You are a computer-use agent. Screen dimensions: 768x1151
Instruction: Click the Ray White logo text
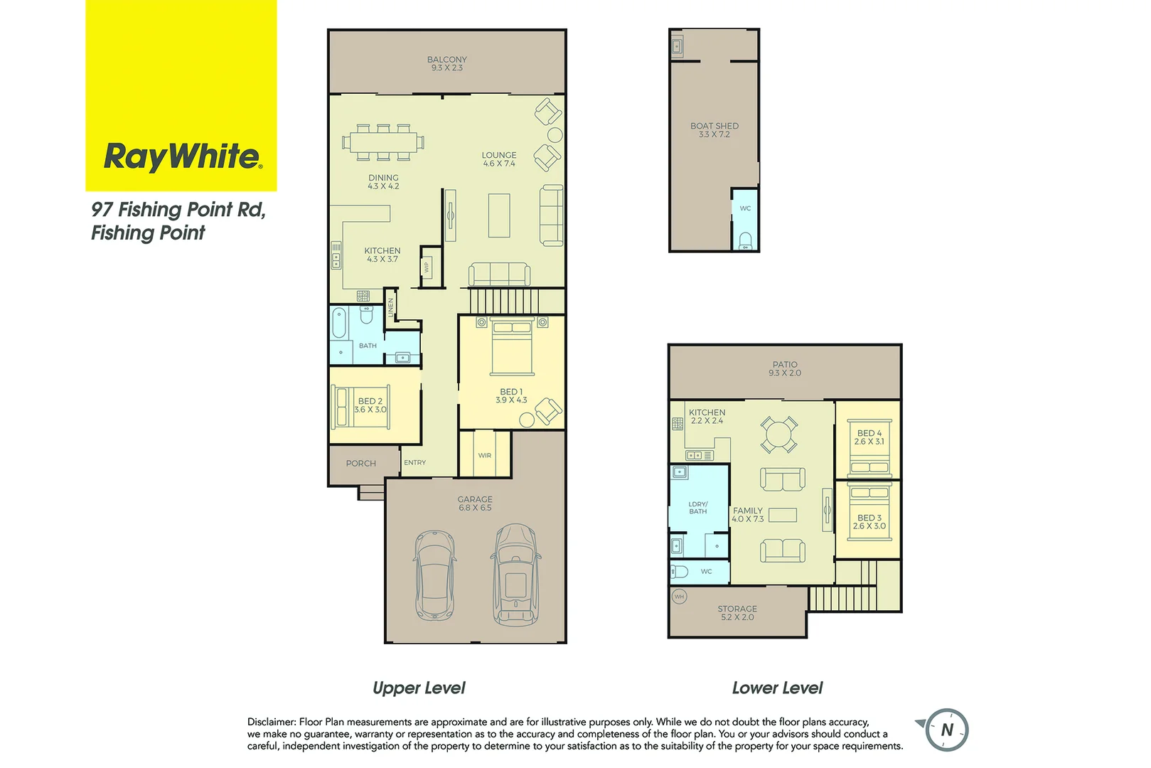183,156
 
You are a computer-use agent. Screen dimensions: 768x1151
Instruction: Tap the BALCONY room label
446,60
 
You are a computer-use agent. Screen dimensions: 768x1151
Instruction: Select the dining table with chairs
383,142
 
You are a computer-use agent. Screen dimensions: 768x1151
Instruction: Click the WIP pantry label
427,267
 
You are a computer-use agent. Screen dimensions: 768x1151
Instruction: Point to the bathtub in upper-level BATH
339,324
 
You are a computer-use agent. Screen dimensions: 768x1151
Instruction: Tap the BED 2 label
370,401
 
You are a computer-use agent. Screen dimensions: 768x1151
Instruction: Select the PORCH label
361,464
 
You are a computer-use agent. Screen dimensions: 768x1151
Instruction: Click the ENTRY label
415,463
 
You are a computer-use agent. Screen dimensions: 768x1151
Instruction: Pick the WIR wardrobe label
485,456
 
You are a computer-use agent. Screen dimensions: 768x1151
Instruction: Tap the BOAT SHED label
714,126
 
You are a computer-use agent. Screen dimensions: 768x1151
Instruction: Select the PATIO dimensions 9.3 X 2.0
785,373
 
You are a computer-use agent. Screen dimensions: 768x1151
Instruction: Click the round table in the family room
779,434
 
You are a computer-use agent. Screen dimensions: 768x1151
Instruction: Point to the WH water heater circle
679,597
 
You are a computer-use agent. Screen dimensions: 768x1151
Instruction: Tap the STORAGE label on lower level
737,609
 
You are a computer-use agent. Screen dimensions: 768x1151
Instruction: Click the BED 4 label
869,433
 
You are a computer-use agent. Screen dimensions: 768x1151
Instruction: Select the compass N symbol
947,730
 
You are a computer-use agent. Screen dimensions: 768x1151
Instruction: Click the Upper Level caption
419,688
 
